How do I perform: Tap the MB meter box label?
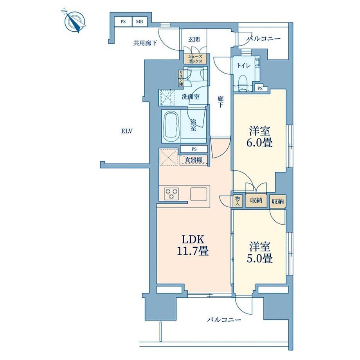point(140,22)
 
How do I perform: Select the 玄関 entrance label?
point(194,40)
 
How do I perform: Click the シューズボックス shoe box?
point(195,59)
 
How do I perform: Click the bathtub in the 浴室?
point(171,126)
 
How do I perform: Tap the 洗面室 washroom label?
point(191,97)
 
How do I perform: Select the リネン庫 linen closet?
point(182,78)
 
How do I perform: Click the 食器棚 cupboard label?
point(194,160)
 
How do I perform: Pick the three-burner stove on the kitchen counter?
point(171,193)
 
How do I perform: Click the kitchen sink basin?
point(199,194)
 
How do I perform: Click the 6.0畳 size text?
point(260,143)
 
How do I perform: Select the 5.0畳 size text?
point(260,259)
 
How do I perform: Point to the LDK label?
point(193,240)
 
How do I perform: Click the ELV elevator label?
point(127,131)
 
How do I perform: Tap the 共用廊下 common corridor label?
point(145,43)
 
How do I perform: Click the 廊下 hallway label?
point(221,102)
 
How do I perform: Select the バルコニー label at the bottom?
point(224,320)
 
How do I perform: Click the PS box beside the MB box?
point(123,22)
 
